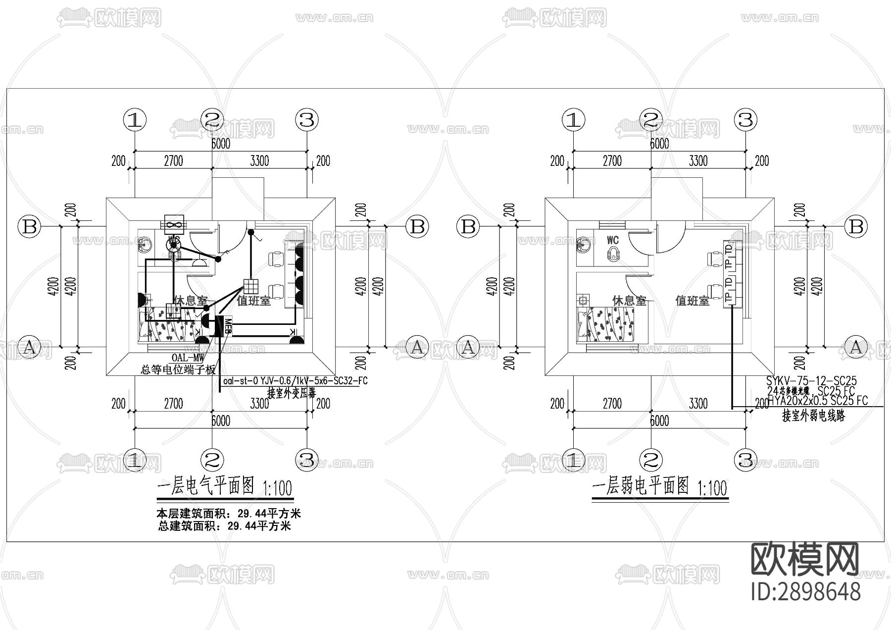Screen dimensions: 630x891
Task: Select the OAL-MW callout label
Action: coord(188,358)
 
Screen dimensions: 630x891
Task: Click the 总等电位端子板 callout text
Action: coord(178,369)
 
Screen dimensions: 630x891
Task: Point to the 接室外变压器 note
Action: coord(292,393)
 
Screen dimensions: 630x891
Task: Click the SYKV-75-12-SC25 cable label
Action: coord(811,381)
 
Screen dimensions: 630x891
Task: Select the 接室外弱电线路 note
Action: coord(813,416)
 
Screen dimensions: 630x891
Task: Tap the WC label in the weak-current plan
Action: coord(613,241)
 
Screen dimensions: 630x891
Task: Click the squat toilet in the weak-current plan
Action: coord(613,254)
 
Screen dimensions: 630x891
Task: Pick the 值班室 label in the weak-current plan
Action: coord(692,300)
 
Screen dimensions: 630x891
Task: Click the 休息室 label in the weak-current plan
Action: coord(629,300)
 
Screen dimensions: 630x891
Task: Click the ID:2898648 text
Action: coord(806,591)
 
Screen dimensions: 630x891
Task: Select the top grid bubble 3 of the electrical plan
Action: coord(307,120)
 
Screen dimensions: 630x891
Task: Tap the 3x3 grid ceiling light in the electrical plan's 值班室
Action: coord(251,287)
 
